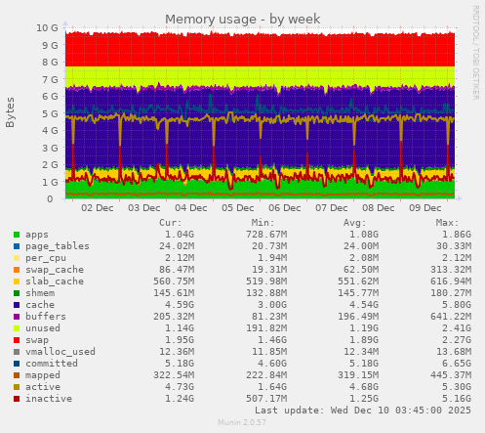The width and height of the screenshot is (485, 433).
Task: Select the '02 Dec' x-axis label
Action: tap(99, 208)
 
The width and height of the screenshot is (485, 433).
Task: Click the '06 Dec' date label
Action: tap(285, 208)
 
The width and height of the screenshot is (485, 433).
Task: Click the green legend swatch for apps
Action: tap(17, 235)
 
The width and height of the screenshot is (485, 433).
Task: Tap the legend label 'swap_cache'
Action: tap(54, 270)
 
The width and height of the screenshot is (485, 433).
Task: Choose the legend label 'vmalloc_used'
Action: tap(60, 352)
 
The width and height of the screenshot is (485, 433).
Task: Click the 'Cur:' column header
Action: tap(170, 223)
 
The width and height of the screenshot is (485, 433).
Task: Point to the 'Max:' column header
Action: tap(447, 223)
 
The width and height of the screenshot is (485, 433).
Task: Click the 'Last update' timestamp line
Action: tap(363, 411)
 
